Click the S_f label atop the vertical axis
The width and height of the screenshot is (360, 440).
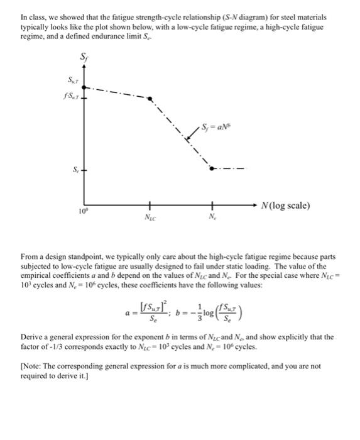86,58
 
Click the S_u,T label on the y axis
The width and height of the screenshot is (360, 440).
74,82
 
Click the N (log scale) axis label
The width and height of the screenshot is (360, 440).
284,206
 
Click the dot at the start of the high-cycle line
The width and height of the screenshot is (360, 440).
150,99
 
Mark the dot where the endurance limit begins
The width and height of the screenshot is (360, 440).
212,168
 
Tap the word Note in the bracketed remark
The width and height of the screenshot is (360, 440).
33,366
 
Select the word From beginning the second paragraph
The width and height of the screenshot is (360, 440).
30,256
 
